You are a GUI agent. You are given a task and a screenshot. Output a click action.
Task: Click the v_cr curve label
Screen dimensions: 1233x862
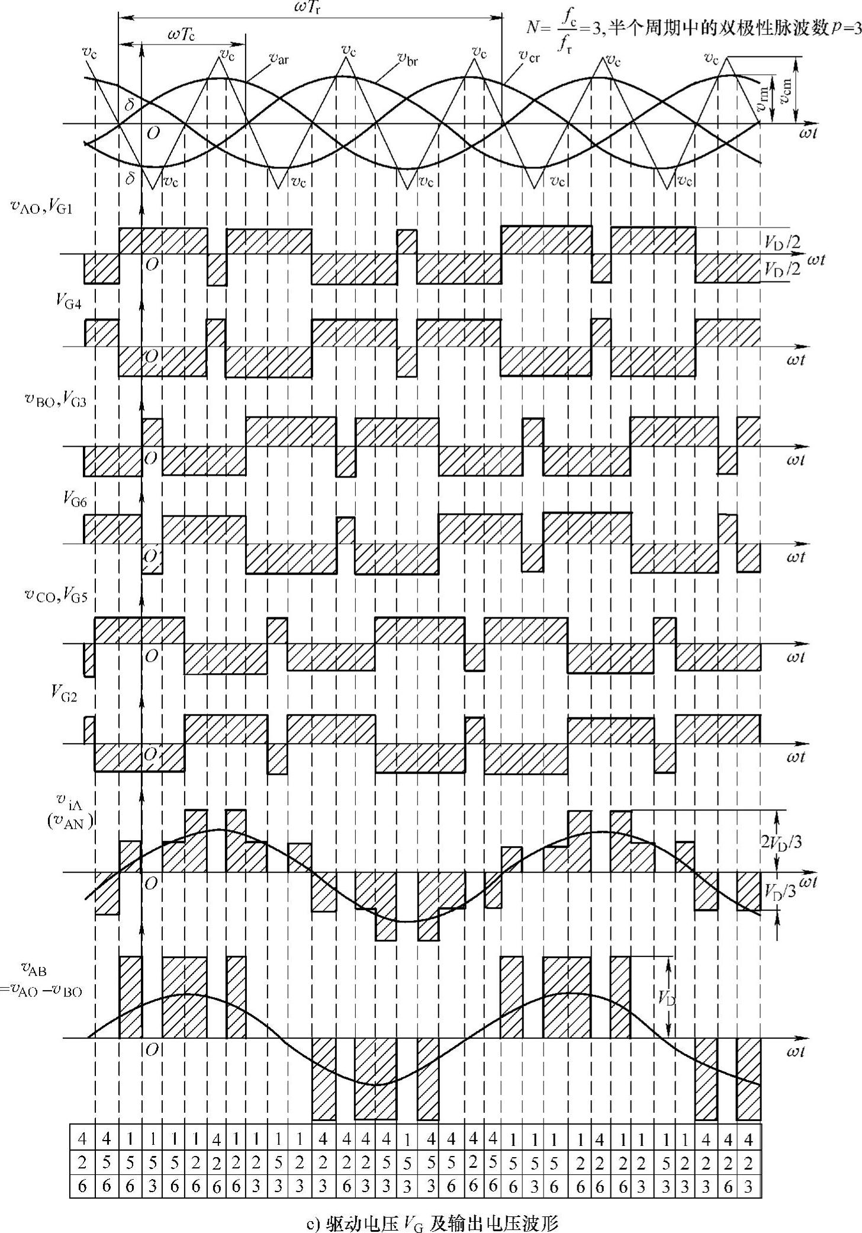coord(529,56)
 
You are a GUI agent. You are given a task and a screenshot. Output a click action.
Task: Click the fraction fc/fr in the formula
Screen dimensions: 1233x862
coord(566,37)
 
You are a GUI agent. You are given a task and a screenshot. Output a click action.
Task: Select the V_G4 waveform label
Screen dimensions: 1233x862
coord(69,302)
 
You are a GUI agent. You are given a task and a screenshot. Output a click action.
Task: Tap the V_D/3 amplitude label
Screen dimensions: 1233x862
coord(780,891)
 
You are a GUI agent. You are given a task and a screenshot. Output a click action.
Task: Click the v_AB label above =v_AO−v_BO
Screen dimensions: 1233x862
coord(34,969)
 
